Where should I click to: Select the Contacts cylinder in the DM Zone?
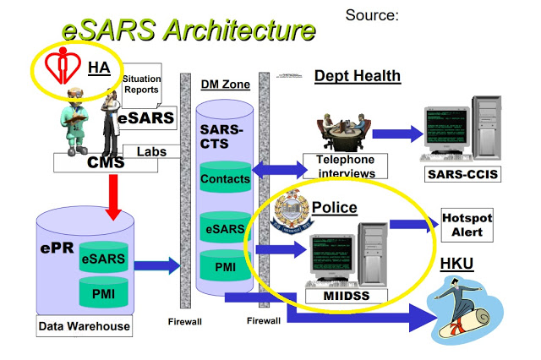click(x=225, y=178)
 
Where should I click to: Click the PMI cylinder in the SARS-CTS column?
click(x=225, y=268)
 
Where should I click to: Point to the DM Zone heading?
click(x=224, y=85)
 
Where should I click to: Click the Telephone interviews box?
click(x=345, y=166)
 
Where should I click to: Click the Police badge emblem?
click(x=290, y=212)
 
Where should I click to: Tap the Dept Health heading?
click(x=357, y=77)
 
